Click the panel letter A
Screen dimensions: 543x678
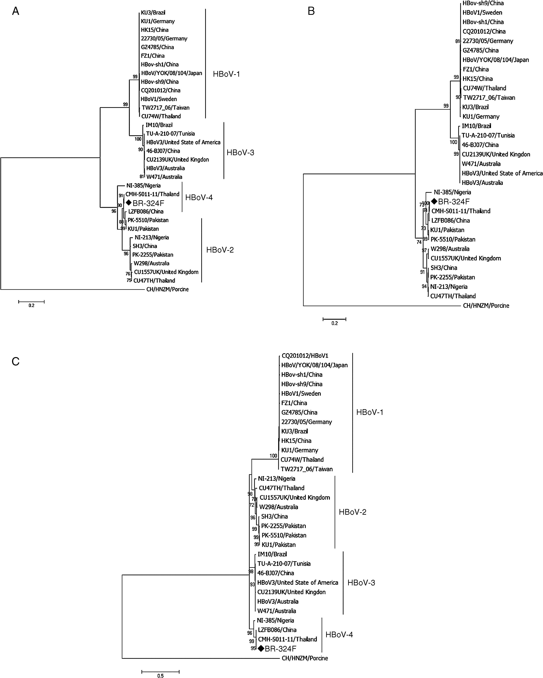15,11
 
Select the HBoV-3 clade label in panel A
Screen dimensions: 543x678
240,153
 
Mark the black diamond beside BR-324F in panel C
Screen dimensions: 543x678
261,648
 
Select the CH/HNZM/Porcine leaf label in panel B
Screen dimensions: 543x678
486,305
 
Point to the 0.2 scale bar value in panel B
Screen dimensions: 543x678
334,323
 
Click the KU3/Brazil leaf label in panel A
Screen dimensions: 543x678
153,13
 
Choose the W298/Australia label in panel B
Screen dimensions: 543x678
450,249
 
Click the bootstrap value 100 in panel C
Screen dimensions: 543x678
273,456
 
